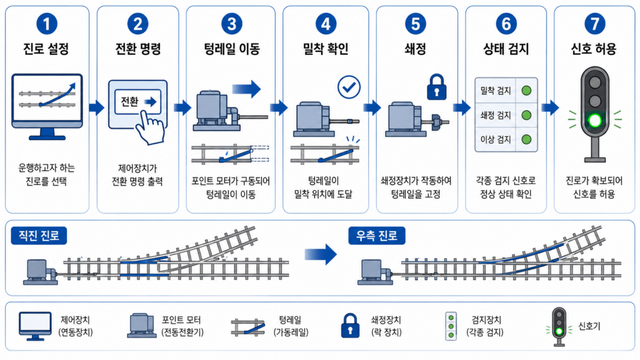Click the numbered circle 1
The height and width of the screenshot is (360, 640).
point(46,24)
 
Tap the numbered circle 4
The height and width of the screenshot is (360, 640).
point(326,24)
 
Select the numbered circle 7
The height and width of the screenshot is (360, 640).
point(595,24)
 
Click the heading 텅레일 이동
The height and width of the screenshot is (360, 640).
point(232,49)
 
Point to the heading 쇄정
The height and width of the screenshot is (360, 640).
point(416,49)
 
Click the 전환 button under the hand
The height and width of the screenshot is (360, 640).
point(137,102)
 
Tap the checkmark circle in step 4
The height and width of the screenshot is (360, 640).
point(349,87)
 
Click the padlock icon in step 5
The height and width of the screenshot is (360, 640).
point(436,87)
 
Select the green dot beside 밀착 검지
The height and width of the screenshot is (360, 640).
point(526,90)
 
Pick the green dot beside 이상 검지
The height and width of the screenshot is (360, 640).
point(526,139)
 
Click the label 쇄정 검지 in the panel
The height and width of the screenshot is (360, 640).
point(496,115)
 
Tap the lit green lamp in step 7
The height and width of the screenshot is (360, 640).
point(595,121)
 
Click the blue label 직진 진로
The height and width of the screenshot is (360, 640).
point(39,236)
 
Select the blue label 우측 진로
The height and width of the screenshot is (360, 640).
point(377,236)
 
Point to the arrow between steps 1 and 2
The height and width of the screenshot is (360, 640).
point(97,107)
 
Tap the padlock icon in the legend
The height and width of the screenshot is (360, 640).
point(350,326)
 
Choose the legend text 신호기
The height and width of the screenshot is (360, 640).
point(589,326)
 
